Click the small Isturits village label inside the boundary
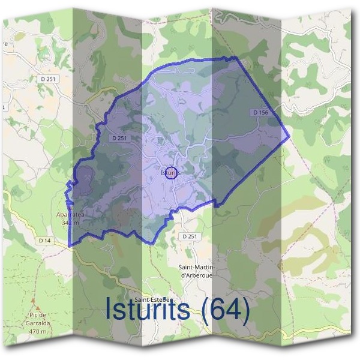pos(170,173)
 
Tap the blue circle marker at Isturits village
pos(170,172)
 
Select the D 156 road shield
pos(260,112)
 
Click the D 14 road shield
pos(44,240)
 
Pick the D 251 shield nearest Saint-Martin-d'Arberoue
pos(189,236)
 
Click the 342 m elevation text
pos(71,222)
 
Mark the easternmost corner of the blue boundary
pos(290,136)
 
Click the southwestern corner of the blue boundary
pos(69,246)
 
